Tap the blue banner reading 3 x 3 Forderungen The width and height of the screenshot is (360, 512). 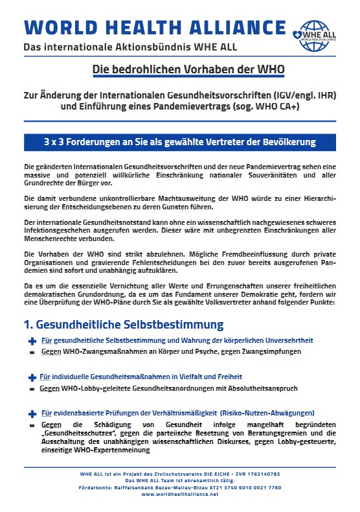(179, 142)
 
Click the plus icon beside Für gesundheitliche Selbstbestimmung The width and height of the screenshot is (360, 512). (32, 340)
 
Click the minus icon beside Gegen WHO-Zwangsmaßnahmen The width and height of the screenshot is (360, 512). (32, 352)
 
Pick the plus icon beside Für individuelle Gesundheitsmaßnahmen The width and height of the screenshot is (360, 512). (32, 377)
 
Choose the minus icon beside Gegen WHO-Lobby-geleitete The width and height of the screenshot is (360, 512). (32, 389)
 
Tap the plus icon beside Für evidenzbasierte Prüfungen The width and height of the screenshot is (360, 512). (32, 413)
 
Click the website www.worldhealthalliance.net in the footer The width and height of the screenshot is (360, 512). (179, 494)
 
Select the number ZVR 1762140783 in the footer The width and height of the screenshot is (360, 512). (253, 474)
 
